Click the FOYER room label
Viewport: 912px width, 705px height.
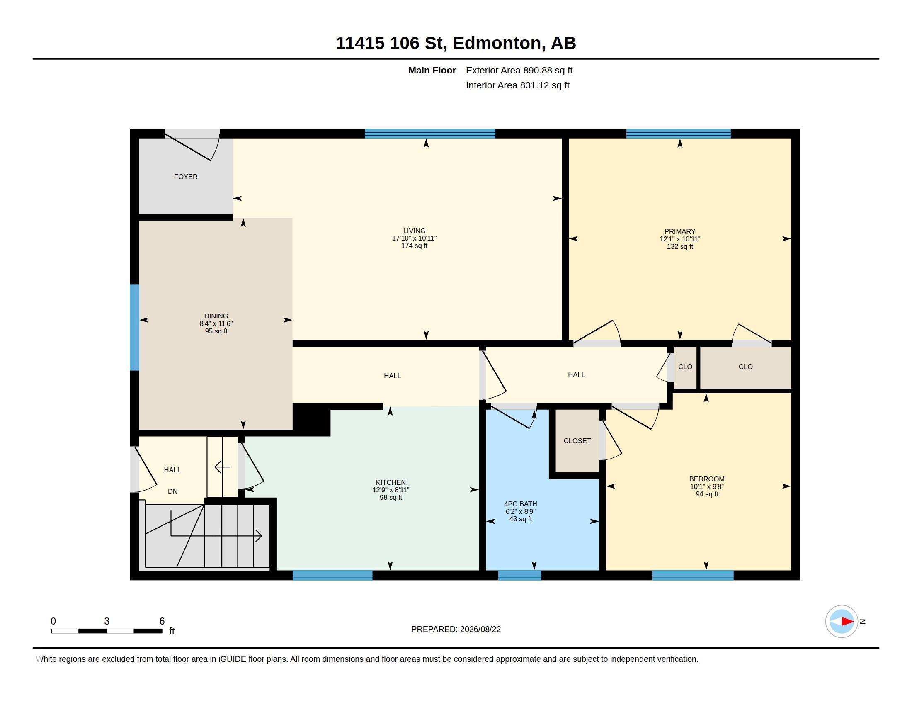pyautogui.click(x=186, y=177)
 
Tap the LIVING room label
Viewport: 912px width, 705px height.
pyautogui.click(x=414, y=231)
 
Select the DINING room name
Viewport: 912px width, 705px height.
pyautogui.click(x=216, y=316)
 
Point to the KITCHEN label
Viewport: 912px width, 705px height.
pyautogui.click(x=391, y=482)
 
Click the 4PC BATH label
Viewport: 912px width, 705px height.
pyautogui.click(x=520, y=504)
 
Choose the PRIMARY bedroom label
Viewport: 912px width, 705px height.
pyautogui.click(x=680, y=231)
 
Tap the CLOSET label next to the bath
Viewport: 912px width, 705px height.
pyautogui.click(x=577, y=441)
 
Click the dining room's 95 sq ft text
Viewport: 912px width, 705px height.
pyautogui.click(x=216, y=331)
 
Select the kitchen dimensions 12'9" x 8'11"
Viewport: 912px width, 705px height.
pyautogui.click(x=391, y=490)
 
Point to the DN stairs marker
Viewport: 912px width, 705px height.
pyautogui.click(x=172, y=491)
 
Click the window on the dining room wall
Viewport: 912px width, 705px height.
pyautogui.click(x=134, y=328)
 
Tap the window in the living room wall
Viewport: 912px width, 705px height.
pyautogui.click(x=430, y=134)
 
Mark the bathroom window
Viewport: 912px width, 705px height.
pyautogui.click(x=519, y=575)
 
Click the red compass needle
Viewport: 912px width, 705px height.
pyautogui.click(x=848, y=622)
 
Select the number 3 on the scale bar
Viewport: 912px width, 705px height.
pyautogui.click(x=107, y=621)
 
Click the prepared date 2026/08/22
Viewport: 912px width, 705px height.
pyautogui.click(x=480, y=629)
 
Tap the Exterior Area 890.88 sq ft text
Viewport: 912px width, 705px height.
pyautogui.click(x=519, y=70)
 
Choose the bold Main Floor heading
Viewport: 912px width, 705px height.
pyautogui.click(x=432, y=70)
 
